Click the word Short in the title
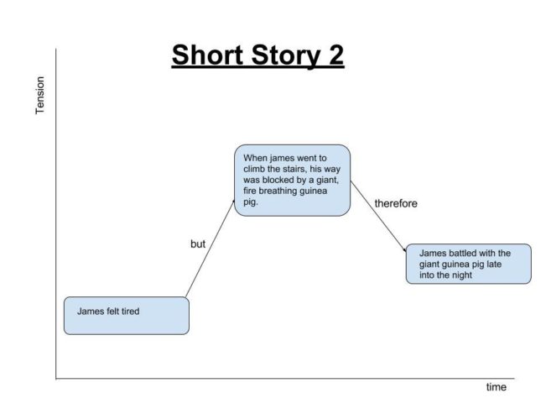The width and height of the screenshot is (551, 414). pos(207,55)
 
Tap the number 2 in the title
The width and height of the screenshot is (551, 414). pos(336,55)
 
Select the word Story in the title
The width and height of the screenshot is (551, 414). pos(286,56)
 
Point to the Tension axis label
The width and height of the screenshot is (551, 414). pos(40,96)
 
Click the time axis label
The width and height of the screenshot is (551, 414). pos(496,387)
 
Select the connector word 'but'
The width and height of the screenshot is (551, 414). pos(197,244)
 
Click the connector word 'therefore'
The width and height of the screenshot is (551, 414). pos(396,203)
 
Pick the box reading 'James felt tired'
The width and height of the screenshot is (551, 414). pos(127,316)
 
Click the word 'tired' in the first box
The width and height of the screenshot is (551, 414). pos(130,312)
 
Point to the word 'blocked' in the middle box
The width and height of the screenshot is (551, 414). pos(277,180)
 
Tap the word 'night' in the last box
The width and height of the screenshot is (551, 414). pos(462,275)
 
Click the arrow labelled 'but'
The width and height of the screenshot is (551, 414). pos(210,249)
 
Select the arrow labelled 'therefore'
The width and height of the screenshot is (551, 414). pos(378,217)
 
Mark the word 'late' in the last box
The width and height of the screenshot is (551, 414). pos(494,264)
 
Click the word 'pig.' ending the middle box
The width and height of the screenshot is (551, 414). pos(251,202)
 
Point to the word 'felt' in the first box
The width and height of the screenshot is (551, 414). pos(112,312)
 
